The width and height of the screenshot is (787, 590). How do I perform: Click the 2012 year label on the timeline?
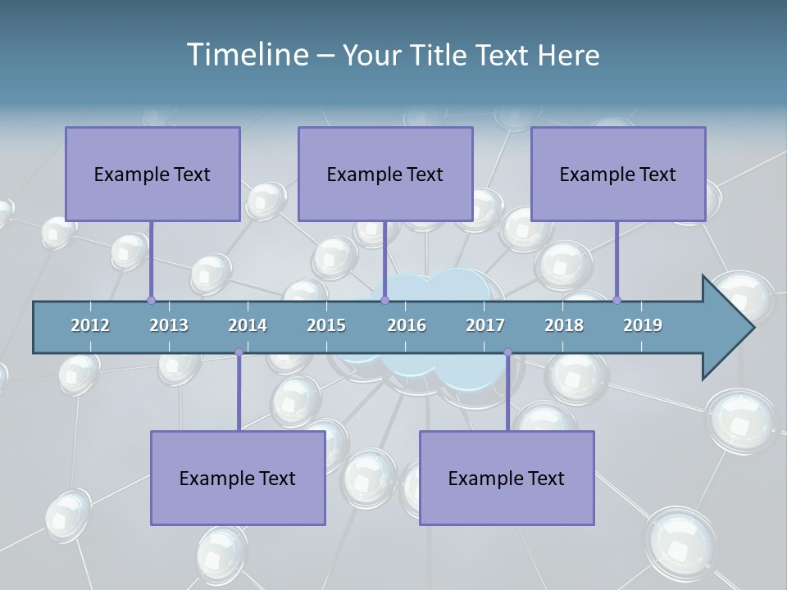(x=90, y=325)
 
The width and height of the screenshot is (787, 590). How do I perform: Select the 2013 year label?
(x=169, y=325)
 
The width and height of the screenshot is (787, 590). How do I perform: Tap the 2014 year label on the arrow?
(x=248, y=325)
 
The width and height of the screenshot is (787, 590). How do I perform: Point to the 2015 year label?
(x=326, y=325)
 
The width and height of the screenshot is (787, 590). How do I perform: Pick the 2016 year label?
(x=407, y=325)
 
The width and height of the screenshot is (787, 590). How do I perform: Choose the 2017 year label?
(x=485, y=325)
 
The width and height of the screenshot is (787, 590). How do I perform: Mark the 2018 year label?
(x=564, y=325)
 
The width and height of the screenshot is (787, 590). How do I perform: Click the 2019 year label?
(x=643, y=325)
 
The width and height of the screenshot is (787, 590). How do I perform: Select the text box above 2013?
(x=152, y=174)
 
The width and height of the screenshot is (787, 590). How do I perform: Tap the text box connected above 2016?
(x=385, y=174)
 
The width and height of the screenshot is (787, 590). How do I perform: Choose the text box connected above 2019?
(x=618, y=174)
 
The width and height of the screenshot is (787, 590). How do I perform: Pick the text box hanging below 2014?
(x=238, y=478)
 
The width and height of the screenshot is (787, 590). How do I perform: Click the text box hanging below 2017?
(x=507, y=478)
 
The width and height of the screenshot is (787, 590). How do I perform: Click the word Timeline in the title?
(x=248, y=55)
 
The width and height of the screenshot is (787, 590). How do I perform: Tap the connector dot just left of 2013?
(x=151, y=300)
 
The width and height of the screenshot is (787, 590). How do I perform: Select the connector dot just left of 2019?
(x=616, y=300)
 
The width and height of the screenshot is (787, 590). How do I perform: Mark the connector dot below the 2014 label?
(x=239, y=352)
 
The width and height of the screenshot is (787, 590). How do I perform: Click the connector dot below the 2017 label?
(x=507, y=352)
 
